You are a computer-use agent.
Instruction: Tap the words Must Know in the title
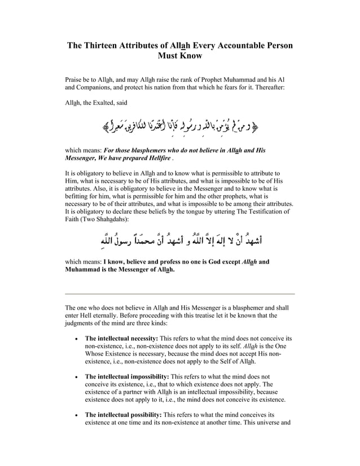(x=180, y=56)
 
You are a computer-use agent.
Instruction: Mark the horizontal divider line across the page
(x=180, y=294)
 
